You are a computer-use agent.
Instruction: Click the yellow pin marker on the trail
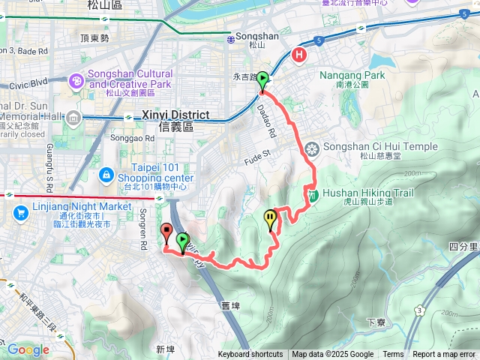coord(270,218)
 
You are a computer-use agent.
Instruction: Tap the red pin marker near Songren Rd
coord(166,232)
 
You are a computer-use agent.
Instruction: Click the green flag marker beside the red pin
coord(183,241)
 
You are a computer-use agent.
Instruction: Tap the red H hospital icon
coord(300,55)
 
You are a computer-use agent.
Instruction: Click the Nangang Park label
coord(352,75)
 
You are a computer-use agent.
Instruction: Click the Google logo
coord(28,349)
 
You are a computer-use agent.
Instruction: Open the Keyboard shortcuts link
coord(251,355)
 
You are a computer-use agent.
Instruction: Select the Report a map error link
coord(445,355)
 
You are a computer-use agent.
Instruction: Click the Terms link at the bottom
coord(393,355)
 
